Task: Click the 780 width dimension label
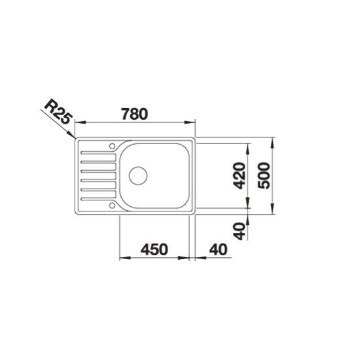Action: pos(135,114)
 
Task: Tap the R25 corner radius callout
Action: pos(58,111)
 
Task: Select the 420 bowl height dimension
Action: pos(239,175)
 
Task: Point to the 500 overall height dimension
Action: pos(264,175)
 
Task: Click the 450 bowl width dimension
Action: pos(154,249)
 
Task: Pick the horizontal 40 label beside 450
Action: pos(219,249)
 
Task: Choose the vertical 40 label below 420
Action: pos(239,231)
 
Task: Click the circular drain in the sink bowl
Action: pos(138,175)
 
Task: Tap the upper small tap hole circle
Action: pos(112,146)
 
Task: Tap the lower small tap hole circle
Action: pos(112,206)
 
